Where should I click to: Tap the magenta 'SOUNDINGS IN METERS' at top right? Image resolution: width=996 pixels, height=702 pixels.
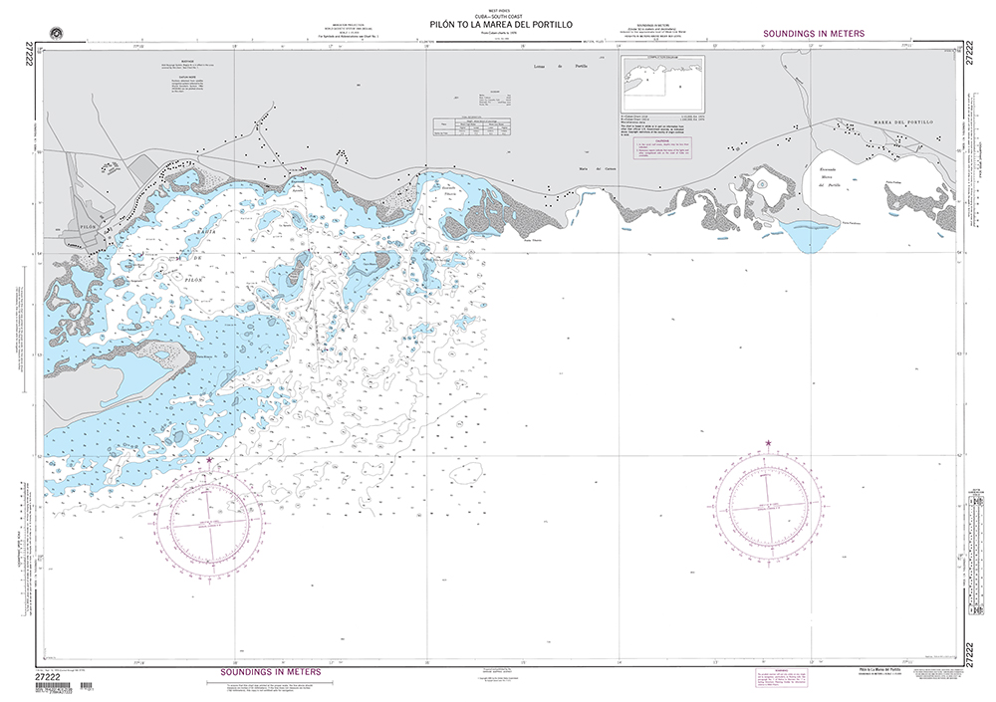pos(813,34)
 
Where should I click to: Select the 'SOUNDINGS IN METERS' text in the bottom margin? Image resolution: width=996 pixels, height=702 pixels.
pos(269,673)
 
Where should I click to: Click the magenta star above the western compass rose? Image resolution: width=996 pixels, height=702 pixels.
pos(209,461)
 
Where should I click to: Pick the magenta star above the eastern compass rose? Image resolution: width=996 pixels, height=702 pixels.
pos(768,442)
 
